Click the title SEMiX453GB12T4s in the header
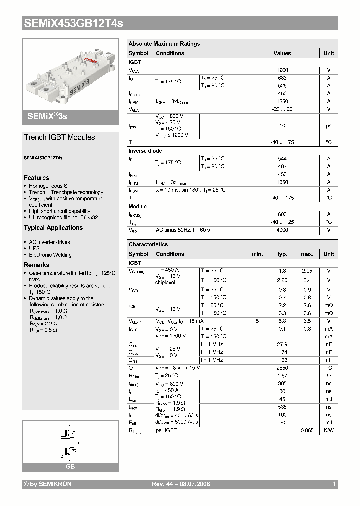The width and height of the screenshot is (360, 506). pyautogui.click(x=73, y=23)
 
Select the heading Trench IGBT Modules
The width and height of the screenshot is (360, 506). pyautogui.click(x=59, y=137)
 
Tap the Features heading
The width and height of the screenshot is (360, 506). pyautogui.click(x=36, y=178)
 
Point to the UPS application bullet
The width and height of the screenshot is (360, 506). pyautogui.click(x=34, y=248)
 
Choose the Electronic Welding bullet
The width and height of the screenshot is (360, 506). pyautogui.click(x=50, y=255)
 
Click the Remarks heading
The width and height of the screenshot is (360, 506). pyautogui.click(x=37, y=265)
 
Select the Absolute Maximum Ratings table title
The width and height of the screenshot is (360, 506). pyautogui.click(x=164, y=44)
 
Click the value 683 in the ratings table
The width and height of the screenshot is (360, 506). pyautogui.click(x=282, y=78)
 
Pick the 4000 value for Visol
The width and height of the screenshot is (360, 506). pyautogui.click(x=282, y=230)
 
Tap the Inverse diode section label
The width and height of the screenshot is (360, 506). pyautogui.click(x=145, y=151)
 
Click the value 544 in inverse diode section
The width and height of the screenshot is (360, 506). pyautogui.click(x=282, y=159)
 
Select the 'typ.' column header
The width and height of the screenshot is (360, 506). pyautogui.click(x=282, y=254)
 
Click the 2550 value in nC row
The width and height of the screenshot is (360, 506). pyautogui.click(x=282, y=368)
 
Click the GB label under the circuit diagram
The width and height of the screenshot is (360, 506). pyautogui.click(x=70, y=466)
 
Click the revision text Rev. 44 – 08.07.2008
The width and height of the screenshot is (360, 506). pyautogui.click(x=181, y=484)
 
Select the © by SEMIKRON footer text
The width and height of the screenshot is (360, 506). pyautogui.click(x=48, y=484)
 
